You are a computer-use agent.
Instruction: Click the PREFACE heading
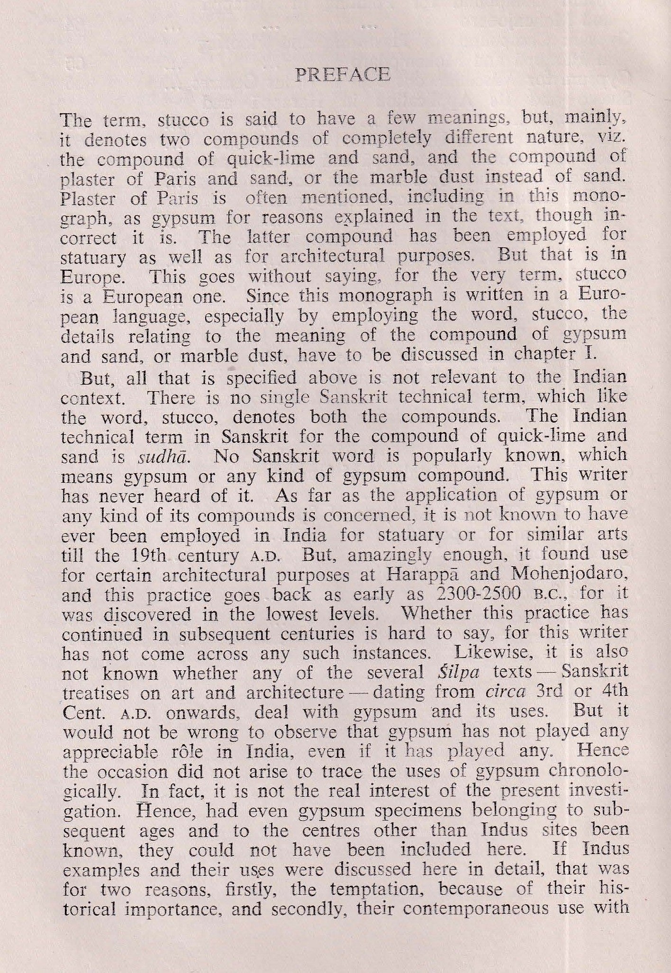pyautogui.click(x=342, y=75)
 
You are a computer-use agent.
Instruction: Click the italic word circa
pyautogui.click(x=506, y=693)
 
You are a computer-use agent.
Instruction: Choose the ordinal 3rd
pyautogui.click(x=549, y=692)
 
